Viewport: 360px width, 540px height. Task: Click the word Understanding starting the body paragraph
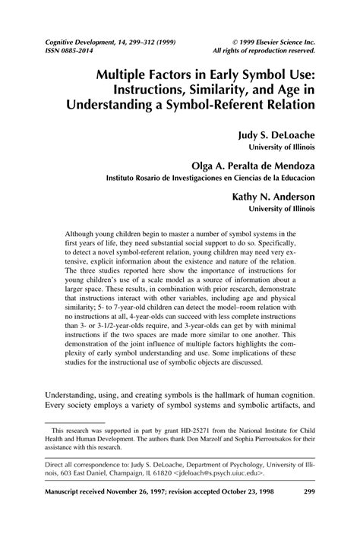tap(77, 417)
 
